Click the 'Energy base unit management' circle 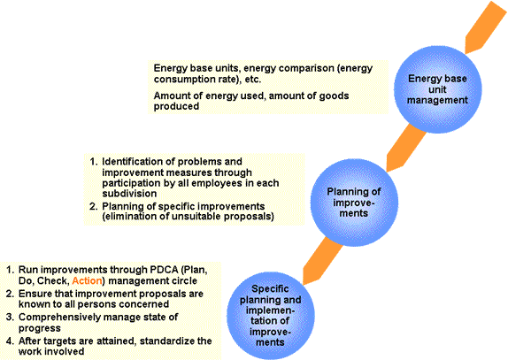pos(437,89)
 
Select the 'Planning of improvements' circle pos(354,203)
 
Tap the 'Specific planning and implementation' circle pos(271,315)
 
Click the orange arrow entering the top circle pos(486,27)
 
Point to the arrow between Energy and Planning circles pos(406,148)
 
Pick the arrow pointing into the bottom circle pos(323,261)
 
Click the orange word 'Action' pos(87,280)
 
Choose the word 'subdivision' pos(129,194)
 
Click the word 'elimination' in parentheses pos(131,216)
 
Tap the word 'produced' pos(176,106)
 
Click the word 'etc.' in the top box pos(253,80)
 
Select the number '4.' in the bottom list pos(10,341)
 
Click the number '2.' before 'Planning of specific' pos(93,206)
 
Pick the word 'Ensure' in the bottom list pos(34,294)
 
